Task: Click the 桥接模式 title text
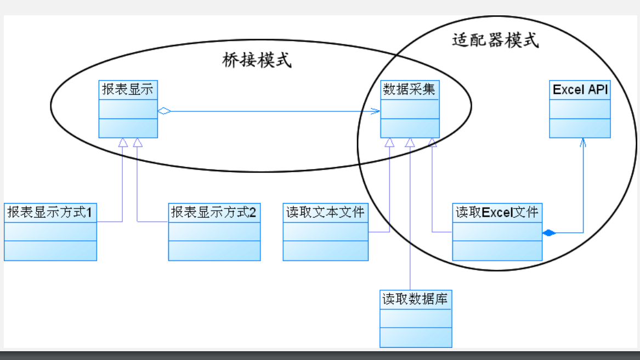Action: click(x=257, y=60)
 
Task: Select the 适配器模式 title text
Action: click(x=495, y=41)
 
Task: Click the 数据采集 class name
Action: click(x=410, y=89)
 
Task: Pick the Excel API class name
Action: click(x=580, y=90)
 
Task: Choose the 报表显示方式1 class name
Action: click(x=50, y=212)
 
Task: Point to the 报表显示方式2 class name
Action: click(x=214, y=212)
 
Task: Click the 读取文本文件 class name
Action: click(x=325, y=212)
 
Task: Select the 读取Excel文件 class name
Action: click(x=497, y=212)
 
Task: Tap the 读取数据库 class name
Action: click(x=415, y=299)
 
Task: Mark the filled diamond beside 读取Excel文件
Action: click(x=549, y=233)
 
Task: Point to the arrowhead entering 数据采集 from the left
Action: click(x=376, y=111)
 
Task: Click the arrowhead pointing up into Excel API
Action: click(x=583, y=142)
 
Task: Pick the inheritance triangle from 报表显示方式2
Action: click(x=138, y=143)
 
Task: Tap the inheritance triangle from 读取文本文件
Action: click(x=389, y=143)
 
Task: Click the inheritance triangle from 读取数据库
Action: click(x=410, y=143)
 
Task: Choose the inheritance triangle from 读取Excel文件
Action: click(x=432, y=143)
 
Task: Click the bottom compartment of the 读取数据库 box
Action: click(x=416, y=337)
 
